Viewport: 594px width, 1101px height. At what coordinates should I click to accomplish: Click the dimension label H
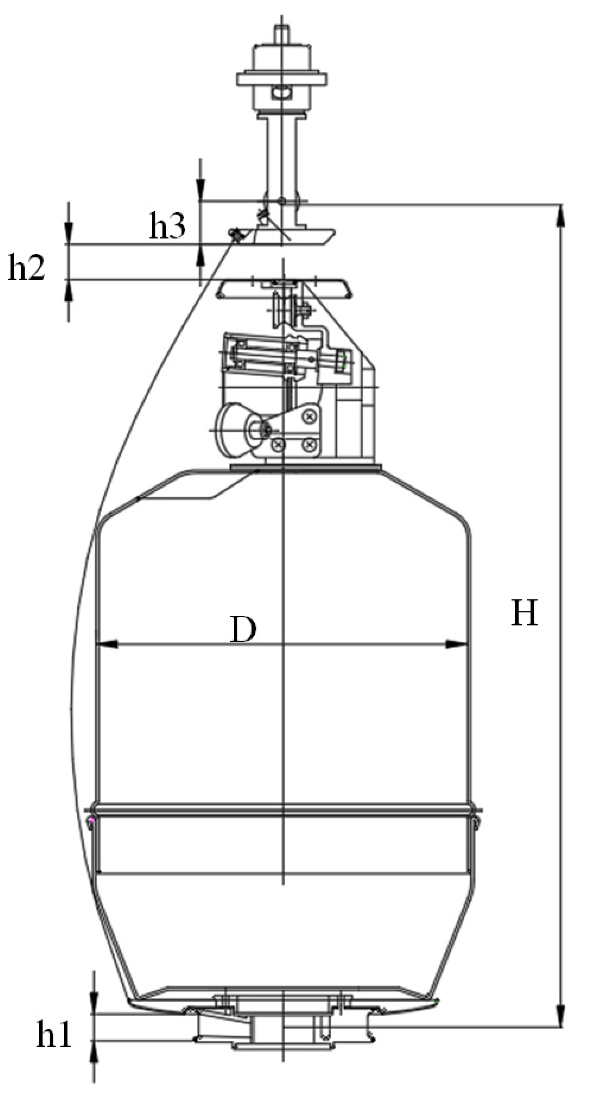click(x=524, y=613)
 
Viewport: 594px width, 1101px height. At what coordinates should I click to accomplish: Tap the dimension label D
click(x=243, y=630)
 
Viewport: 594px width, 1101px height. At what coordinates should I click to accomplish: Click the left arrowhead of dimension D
click(x=107, y=644)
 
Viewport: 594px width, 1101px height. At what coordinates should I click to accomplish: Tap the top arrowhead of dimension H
click(x=561, y=216)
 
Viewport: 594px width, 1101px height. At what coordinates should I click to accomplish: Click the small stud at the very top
click(x=281, y=32)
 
